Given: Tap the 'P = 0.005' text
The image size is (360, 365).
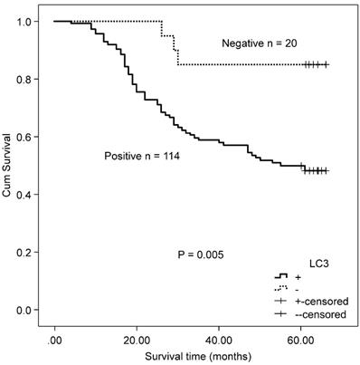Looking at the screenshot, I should click(203, 256).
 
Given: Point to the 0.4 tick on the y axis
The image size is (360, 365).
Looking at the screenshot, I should click(27, 195).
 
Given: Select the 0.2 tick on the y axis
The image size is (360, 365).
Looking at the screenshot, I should click(27, 253).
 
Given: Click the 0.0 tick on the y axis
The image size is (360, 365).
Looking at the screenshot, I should click(27, 311).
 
